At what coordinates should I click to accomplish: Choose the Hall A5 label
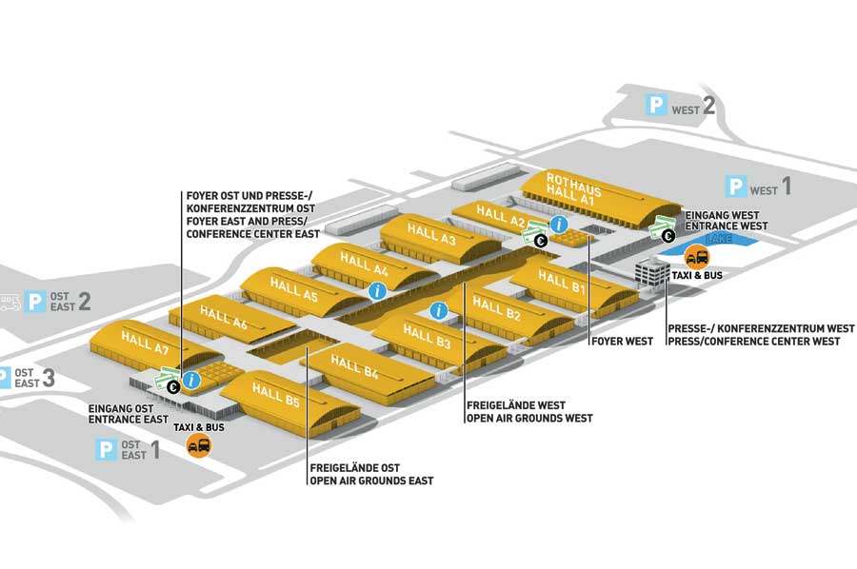tap(292, 289)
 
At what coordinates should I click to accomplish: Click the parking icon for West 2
tap(657, 106)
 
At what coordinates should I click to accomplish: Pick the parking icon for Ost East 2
tap(35, 302)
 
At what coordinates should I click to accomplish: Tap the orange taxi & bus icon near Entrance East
tap(198, 445)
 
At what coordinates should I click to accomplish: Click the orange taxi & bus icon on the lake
tap(696, 256)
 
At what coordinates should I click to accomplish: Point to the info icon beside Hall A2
tap(559, 225)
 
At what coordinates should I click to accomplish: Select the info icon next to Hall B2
tap(439, 309)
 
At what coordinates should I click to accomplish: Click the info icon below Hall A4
tap(377, 290)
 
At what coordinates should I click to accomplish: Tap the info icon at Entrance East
tap(191, 381)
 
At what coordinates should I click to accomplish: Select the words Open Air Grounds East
tap(371, 481)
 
